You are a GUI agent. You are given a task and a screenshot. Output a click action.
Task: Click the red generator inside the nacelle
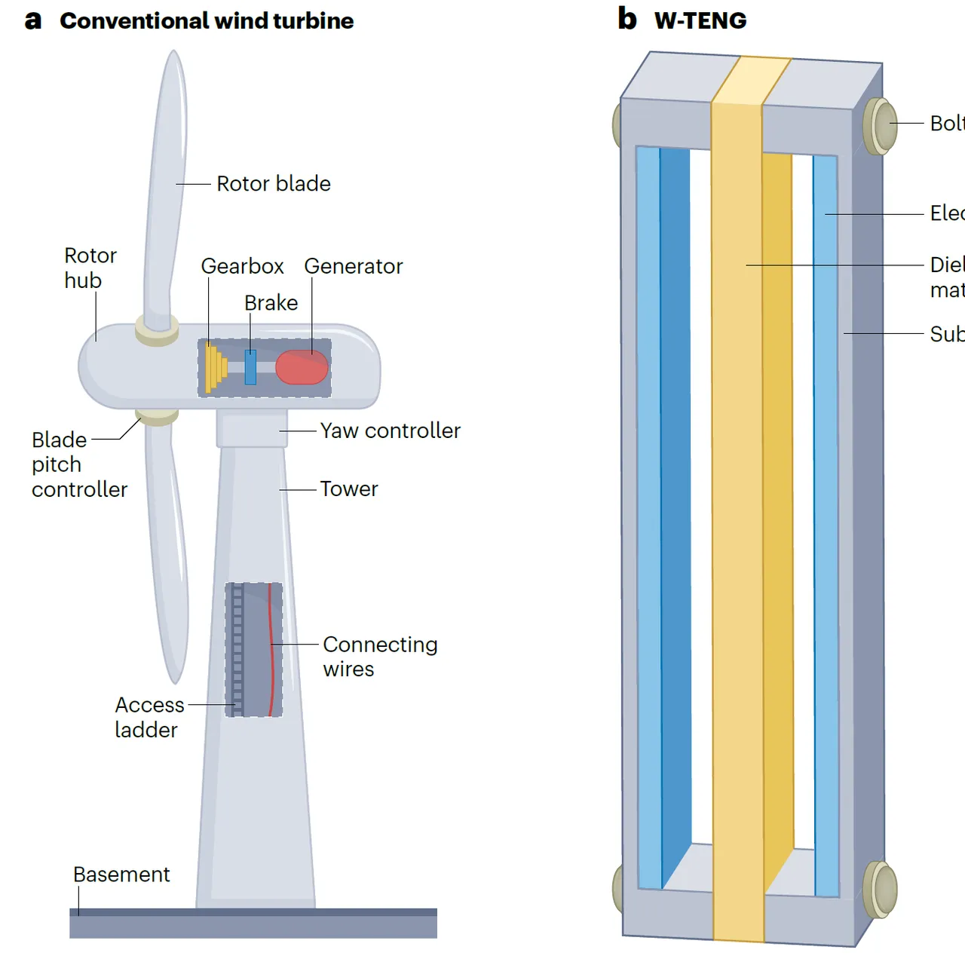point(302,368)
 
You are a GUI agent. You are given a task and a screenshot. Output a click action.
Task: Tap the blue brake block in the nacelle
point(250,367)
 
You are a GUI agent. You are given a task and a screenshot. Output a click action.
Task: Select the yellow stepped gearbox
point(215,367)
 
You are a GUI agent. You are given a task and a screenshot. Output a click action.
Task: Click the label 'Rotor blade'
point(273,184)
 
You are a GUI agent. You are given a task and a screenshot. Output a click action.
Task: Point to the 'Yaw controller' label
point(390,430)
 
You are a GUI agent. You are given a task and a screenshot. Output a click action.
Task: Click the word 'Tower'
point(348,489)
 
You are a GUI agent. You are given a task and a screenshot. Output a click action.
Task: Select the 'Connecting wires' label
point(379,657)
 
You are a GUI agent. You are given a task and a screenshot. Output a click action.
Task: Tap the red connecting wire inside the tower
point(270,648)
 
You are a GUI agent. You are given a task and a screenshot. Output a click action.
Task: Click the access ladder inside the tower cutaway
point(237,648)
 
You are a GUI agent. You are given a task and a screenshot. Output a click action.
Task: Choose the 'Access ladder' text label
point(149,717)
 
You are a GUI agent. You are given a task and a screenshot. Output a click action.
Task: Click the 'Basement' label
point(121,875)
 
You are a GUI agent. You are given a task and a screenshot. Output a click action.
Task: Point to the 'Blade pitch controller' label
point(78,464)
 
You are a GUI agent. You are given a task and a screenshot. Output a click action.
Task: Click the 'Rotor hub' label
point(90,268)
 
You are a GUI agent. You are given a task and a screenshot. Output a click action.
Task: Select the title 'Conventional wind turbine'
point(207,21)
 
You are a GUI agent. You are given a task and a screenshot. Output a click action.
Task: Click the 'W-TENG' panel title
point(700,21)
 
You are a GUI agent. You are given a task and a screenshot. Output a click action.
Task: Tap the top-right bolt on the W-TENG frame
point(879,126)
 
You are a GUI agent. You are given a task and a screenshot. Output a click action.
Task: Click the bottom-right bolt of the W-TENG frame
point(879,890)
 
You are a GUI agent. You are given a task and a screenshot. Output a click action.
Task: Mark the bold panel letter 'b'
point(627,19)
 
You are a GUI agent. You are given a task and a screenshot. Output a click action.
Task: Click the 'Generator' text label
point(353,267)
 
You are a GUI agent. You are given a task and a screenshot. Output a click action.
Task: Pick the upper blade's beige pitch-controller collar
point(157,330)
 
